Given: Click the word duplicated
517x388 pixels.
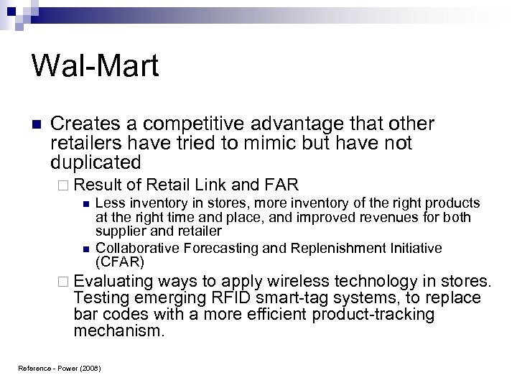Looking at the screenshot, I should tap(96, 162).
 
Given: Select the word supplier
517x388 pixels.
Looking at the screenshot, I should tap(118, 231).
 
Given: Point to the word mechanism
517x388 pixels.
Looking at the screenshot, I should tap(119, 332).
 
